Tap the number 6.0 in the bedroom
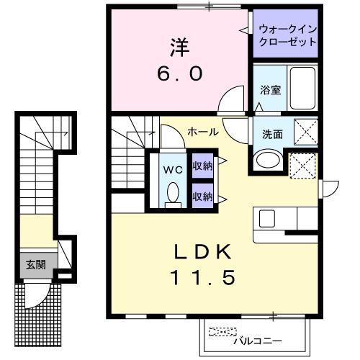[x=180, y=73]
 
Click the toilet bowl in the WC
[x=172, y=193]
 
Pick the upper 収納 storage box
[x=202, y=166]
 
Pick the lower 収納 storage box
[x=202, y=194]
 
